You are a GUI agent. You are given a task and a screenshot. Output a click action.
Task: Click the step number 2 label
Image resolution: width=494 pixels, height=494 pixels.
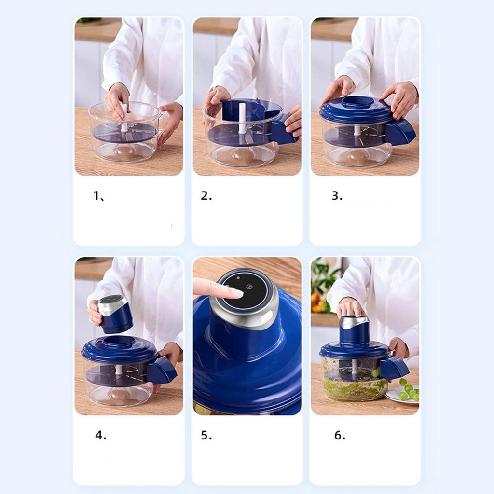pyautogui.click(x=206, y=196)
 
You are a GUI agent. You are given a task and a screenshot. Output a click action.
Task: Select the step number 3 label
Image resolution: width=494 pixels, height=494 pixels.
pyautogui.click(x=337, y=196)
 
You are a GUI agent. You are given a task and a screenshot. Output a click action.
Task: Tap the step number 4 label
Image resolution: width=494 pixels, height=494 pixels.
pyautogui.click(x=100, y=435)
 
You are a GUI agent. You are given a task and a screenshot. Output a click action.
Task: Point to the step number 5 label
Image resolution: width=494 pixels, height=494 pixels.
pyautogui.click(x=206, y=435)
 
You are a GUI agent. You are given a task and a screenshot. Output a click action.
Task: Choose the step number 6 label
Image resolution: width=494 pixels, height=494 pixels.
pyautogui.click(x=340, y=435)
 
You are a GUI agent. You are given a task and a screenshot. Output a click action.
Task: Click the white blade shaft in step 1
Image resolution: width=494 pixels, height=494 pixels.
pyautogui.click(x=124, y=119)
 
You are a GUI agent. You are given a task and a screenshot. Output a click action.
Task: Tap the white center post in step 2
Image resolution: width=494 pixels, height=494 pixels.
pyautogui.click(x=242, y=119)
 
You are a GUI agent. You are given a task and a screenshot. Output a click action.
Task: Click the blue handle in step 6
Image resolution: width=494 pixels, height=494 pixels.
pyautogui.click(x=395, y=368)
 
